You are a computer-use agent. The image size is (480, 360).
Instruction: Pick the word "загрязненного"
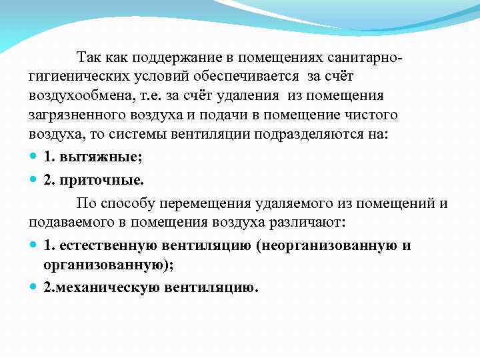[x=79, y=114]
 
